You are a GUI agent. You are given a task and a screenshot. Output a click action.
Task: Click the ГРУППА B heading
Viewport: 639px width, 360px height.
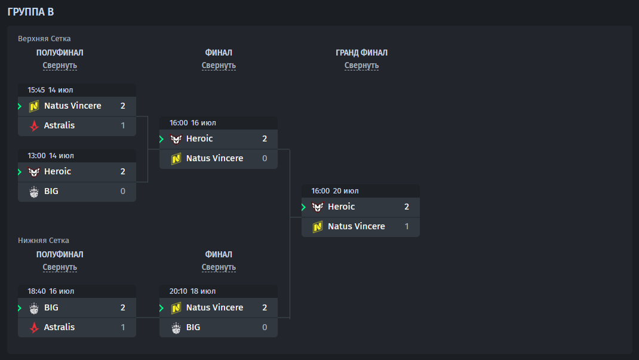coord(30,12)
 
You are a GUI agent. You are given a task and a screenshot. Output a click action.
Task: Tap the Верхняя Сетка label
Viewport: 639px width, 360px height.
coord(44,39)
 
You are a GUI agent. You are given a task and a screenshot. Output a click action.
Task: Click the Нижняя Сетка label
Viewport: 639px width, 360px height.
coord(43,240)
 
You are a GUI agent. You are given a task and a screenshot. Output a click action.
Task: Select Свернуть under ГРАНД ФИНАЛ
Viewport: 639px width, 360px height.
coord(361,65)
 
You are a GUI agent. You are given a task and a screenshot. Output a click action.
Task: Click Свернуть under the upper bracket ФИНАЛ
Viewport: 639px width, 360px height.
coord(219,65)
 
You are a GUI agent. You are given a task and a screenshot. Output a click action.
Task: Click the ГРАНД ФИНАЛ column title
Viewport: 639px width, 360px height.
coord(361,53)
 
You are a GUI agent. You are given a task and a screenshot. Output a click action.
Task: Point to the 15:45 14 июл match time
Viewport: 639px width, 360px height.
coord(50,90)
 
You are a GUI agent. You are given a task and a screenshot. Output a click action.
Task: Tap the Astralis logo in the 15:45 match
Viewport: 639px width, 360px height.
coord(34,125)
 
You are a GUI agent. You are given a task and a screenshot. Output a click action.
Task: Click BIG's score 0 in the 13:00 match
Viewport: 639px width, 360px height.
coord(122,191)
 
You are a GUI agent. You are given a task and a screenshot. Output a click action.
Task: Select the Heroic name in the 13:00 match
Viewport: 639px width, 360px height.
coord(57,171)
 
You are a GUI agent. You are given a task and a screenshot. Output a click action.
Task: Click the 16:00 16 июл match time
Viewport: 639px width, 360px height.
coord(192,122)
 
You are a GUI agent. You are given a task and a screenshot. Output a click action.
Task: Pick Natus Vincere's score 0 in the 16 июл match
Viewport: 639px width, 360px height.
coord(265,158)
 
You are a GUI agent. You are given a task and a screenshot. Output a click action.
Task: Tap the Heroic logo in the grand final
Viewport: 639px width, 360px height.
coord(318,207)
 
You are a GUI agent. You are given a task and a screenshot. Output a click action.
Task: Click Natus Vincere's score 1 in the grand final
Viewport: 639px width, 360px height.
coord(407,226)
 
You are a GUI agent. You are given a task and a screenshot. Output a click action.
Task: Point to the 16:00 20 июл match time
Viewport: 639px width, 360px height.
coord(335,190)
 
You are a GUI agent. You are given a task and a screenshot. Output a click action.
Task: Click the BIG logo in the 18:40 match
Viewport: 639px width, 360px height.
coord(34,308)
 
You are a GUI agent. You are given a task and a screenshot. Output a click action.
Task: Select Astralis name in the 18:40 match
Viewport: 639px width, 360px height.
coord(59,327)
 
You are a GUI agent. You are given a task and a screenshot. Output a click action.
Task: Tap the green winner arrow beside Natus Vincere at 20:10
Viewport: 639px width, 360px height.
coord(161,308)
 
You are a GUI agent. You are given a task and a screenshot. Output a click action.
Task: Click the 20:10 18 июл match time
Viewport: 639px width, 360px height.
coord(192,291)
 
